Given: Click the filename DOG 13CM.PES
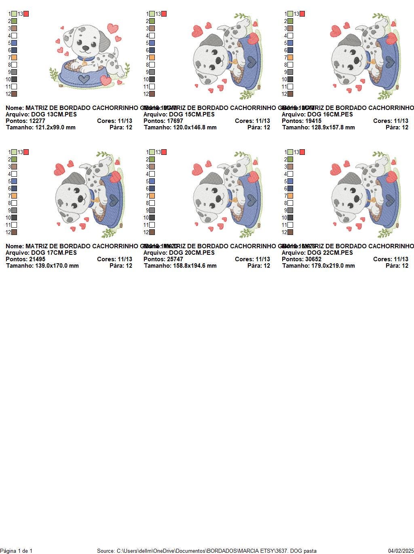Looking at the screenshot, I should pos(54,114).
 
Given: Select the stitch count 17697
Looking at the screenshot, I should pos(175,121).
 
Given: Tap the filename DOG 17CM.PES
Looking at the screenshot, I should pos(54,253).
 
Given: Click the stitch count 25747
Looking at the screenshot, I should pos(175,259).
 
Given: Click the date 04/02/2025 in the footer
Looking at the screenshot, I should pos(401,551).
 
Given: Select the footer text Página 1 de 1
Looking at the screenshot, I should pos(16,551).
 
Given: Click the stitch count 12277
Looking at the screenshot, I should pos(37,121).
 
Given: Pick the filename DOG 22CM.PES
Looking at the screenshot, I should pos(330,253).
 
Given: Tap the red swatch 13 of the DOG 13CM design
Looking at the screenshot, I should pos(26,14).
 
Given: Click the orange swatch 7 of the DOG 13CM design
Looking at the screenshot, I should pos(14,57).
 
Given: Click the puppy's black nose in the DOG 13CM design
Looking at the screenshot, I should pos(86,47).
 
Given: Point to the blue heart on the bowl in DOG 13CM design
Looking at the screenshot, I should pos(84,78).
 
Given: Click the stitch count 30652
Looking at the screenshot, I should pos(313,259).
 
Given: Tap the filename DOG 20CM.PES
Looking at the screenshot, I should pos(192,253).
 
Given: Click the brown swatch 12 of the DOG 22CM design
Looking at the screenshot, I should pos(290,232).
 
